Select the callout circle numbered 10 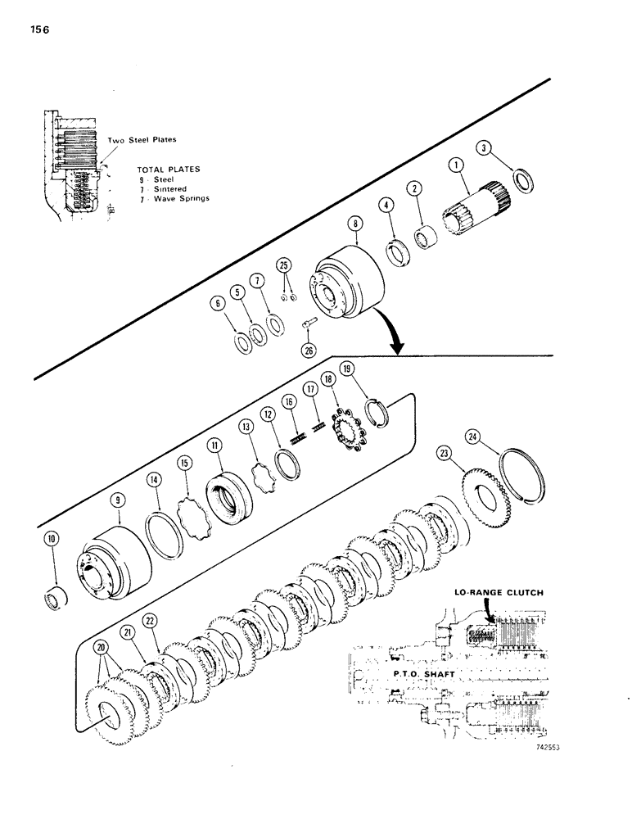(52, 541)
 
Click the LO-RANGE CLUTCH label (502, 591)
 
